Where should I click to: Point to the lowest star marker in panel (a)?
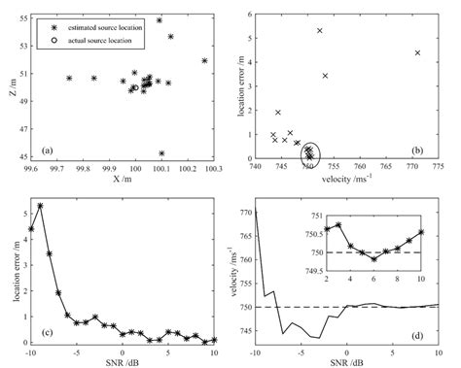coord(161,152)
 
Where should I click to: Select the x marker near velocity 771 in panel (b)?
coord(417,52)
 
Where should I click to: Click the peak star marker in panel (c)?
coord(40,206)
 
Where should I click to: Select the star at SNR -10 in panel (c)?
coord(31,229)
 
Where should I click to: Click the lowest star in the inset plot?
coord(373,259)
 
